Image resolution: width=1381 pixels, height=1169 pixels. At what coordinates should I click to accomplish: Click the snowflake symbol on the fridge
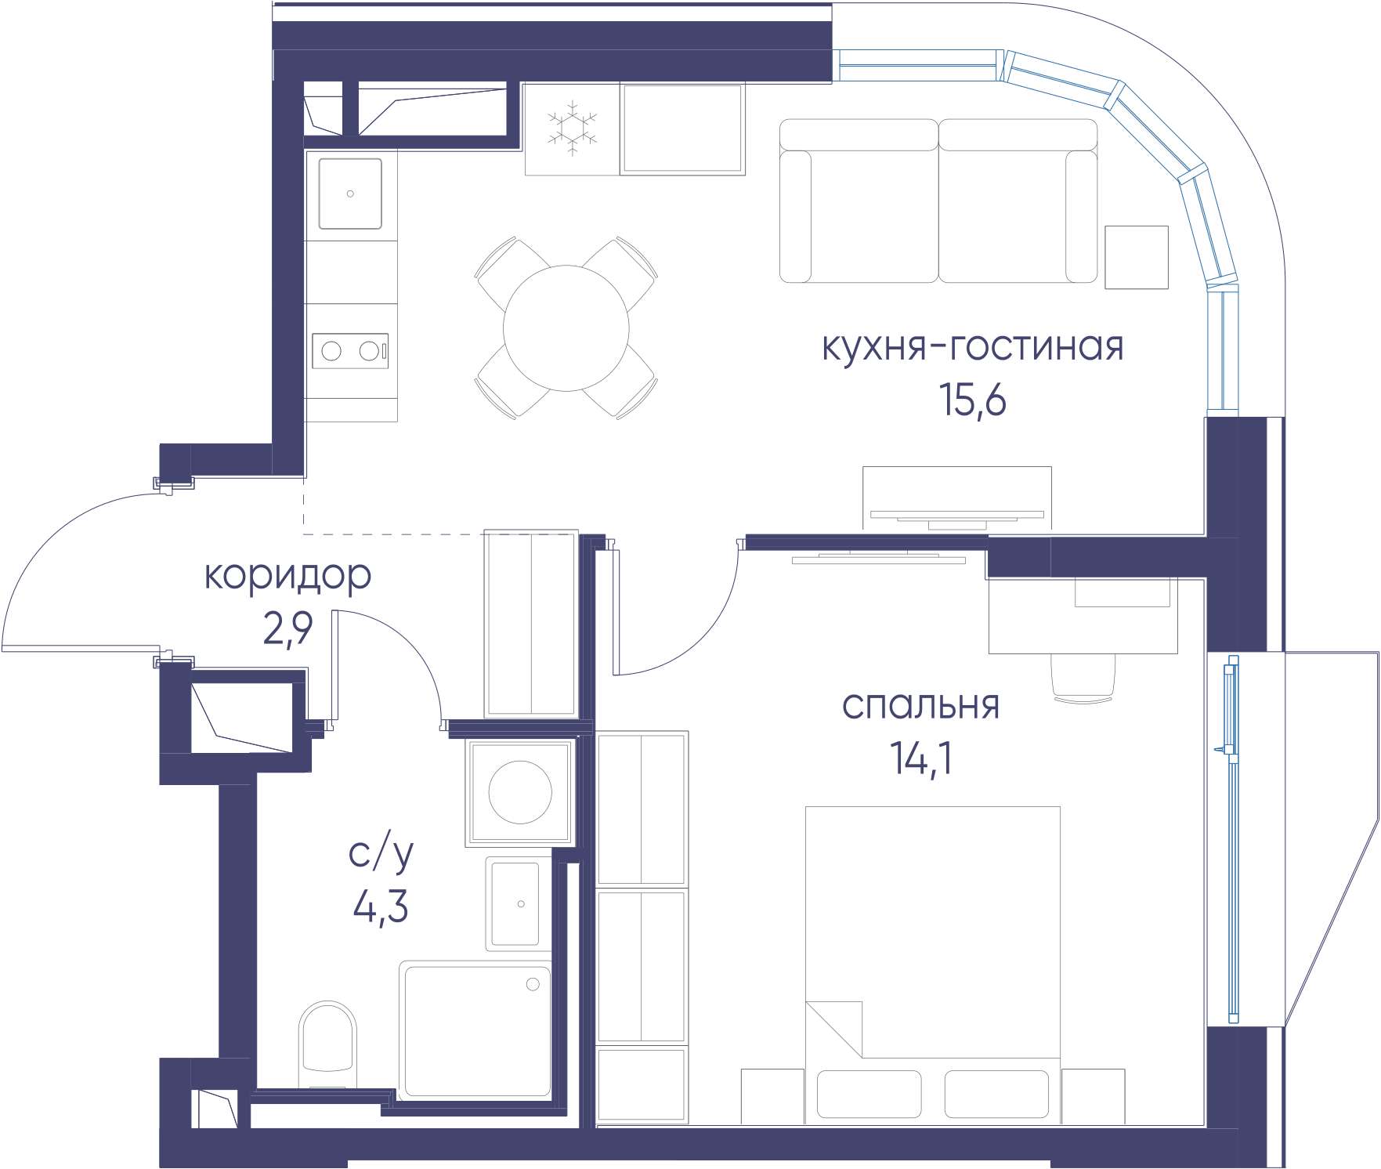572,128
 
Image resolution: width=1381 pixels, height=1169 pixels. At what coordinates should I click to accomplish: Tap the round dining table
566,328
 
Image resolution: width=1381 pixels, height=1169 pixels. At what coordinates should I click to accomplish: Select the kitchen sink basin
350,194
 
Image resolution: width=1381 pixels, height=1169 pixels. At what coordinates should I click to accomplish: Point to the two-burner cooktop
350,351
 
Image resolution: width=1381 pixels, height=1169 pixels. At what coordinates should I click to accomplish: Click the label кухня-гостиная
972,346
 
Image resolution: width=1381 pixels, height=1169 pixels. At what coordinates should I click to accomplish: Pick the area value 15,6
972,400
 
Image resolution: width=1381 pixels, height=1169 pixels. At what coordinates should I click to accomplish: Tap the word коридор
287,576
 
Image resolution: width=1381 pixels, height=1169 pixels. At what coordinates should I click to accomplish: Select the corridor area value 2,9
287,628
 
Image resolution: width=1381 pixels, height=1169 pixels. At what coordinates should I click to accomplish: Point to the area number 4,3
381,908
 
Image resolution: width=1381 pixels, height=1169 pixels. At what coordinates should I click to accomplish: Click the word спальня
920,706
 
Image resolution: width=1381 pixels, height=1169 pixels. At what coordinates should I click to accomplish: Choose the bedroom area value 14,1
921,758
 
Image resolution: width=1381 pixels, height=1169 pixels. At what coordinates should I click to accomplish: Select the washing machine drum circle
520,792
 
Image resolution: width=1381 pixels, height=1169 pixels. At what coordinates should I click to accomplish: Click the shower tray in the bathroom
475,1030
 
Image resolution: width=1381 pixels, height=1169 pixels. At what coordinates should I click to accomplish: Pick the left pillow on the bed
869,1094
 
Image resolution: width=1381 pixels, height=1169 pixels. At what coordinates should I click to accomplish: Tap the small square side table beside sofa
1137,257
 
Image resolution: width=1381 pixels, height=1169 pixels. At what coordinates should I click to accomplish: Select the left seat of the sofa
859,201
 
